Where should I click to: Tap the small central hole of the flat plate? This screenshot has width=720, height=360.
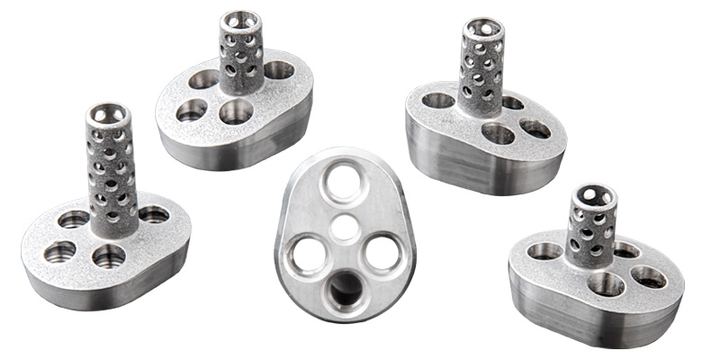[345, 227]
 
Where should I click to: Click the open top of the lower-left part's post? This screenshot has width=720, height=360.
[109, 115]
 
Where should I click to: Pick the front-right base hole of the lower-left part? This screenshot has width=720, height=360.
[109, 256]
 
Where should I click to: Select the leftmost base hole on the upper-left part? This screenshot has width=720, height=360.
[192, 110]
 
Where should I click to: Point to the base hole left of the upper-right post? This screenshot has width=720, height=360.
[438, 100]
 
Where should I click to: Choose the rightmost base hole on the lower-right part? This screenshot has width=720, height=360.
[649, 276]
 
